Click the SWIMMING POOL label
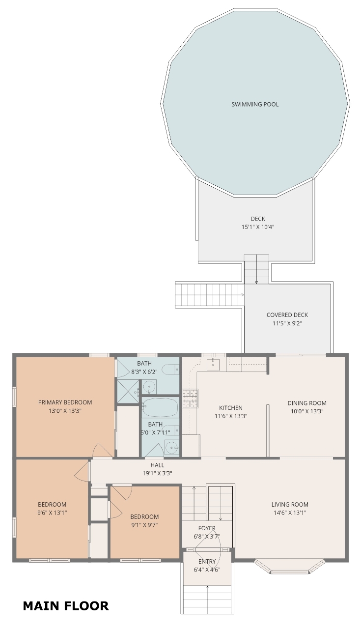(255, 105)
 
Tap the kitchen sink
(213, 364)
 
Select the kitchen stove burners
(191, 398)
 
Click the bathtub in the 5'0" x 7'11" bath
(160, 407)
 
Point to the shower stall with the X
(128, 392)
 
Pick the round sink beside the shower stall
(149, 387)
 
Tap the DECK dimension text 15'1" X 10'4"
(258, 227)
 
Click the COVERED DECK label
(287, 315)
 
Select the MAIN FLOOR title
(66, 606)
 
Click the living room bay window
(290, 567)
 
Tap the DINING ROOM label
(307, 403)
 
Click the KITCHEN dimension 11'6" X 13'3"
(231, 416)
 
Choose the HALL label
(157, 465)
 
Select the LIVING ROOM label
(290, 504)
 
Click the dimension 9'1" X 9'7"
(144, 525)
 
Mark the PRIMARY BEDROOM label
(65, 402)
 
